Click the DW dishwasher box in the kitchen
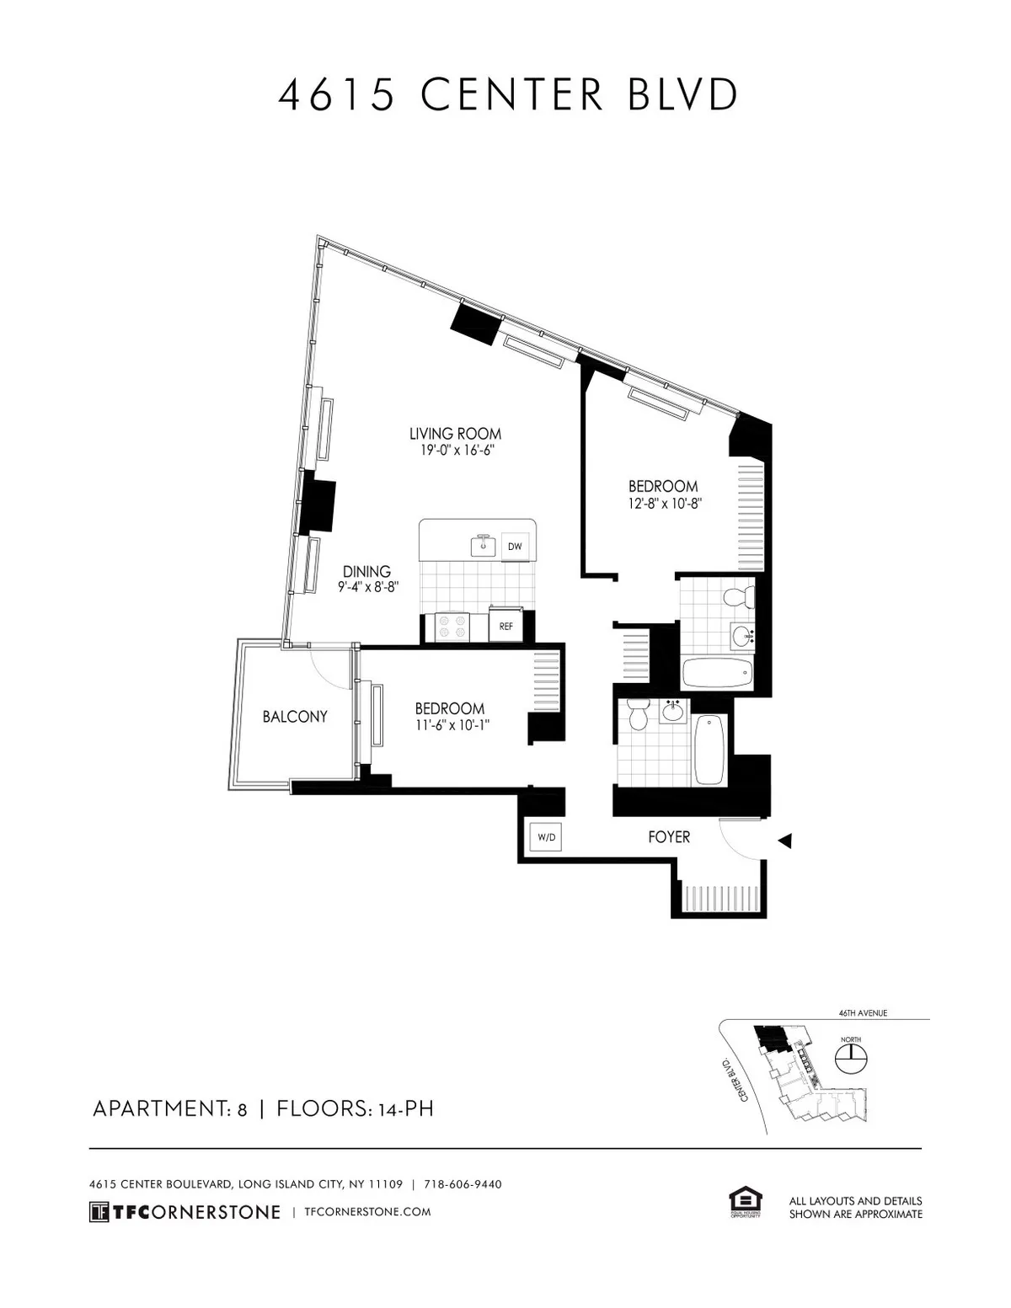click(515, 547)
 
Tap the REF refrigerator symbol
click(505, 627)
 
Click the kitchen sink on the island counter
click(484, 545)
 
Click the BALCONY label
click(295, 717)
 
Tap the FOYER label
click(669, 837)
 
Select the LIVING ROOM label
click(455, 434)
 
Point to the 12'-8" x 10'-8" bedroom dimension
click(664, 504)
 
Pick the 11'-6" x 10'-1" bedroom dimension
click(450, 725)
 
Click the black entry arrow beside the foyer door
click(784, 840)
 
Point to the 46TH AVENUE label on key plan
click(863, 1013)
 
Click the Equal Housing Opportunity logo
click(745, 1203)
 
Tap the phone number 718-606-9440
click(463, 1184)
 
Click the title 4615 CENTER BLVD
click(508, 95)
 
